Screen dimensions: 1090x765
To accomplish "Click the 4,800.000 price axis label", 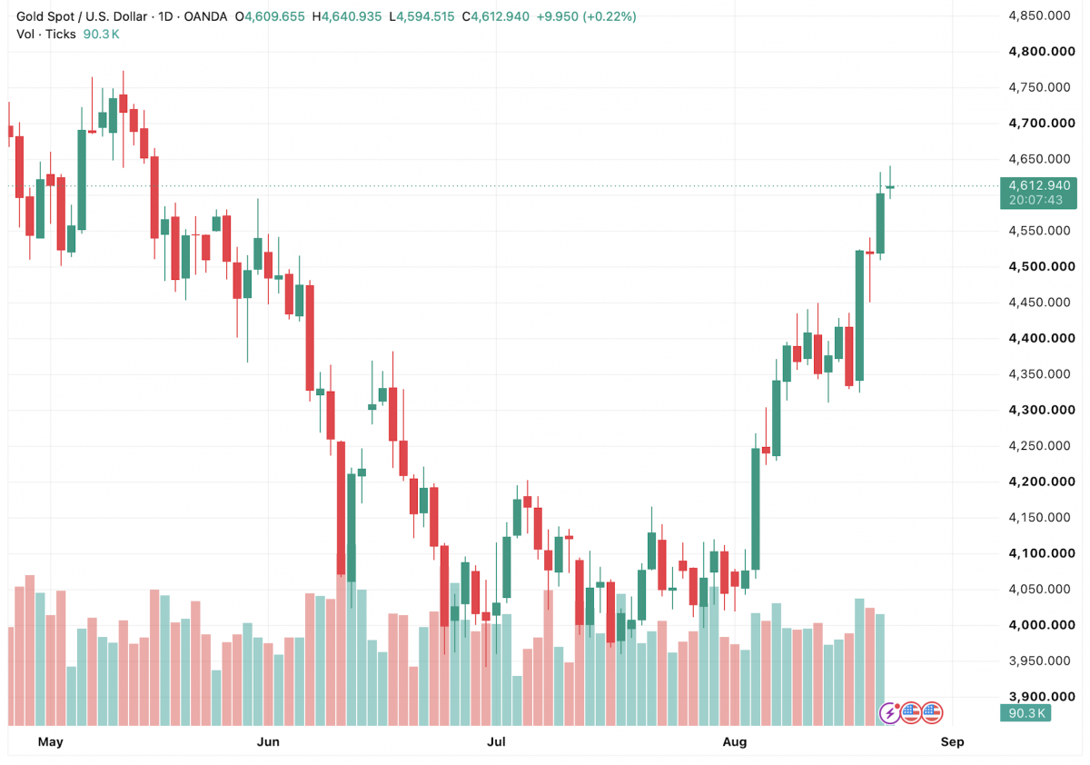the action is coord(1042,52).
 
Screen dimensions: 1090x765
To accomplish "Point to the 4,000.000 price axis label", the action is coord(1042,625).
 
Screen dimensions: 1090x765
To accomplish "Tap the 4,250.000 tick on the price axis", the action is coord(1039,446).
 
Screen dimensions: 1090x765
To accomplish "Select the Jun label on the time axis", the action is coord(268,741).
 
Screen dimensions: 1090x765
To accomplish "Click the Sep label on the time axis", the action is coord(952,741).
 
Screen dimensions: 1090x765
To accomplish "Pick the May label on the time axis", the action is coord(51,741).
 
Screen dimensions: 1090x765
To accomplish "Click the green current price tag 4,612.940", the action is coord(1039,185).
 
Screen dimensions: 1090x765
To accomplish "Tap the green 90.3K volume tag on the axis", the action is coord(1026,713).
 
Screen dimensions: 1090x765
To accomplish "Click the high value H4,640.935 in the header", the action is coord(347,16).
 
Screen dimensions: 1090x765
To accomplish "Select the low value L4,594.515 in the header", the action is coord(421,16).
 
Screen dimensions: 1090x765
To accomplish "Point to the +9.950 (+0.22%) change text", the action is coord(587,16).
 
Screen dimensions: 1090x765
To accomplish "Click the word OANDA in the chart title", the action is coord(205,16).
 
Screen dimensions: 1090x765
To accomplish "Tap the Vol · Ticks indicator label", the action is coord(46,34).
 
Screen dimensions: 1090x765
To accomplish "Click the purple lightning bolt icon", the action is coord(889,713).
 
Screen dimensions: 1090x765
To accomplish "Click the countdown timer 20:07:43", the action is coord(1035,200).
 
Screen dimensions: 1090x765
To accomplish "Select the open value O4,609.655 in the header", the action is coord(270,16).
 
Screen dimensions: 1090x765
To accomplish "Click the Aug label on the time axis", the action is coord(734,742).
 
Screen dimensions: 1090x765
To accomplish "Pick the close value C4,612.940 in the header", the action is coord(496,16).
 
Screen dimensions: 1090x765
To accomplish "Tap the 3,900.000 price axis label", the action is coord(1042,696).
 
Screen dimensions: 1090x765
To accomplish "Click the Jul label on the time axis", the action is coord(496,741).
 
